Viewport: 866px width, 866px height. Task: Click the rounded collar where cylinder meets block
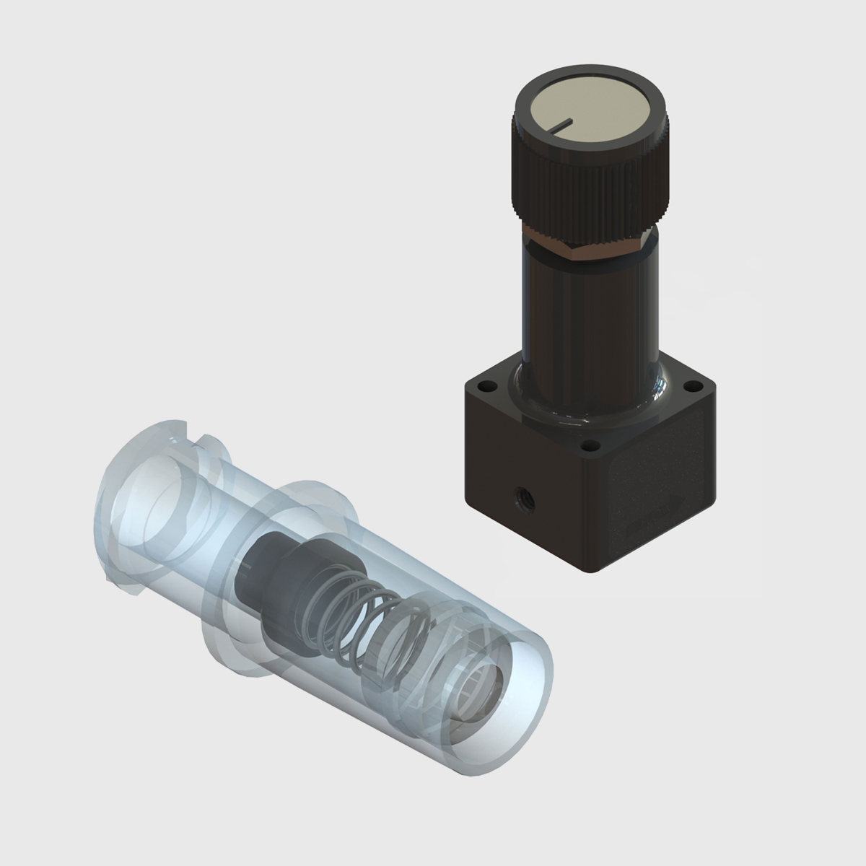[592, 404]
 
